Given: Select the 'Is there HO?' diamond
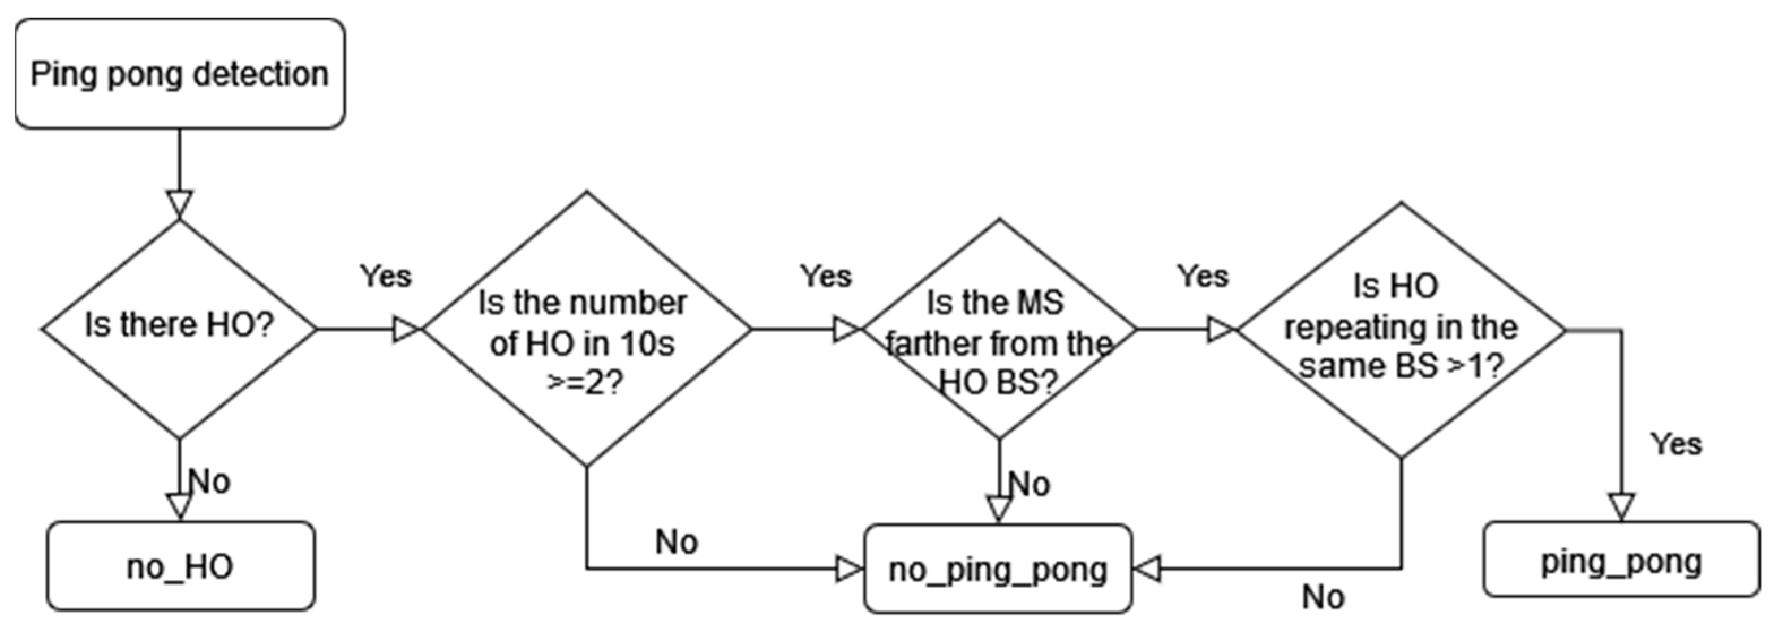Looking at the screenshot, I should [x=179, y=329].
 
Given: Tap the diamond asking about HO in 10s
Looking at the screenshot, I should [x=585, y=329].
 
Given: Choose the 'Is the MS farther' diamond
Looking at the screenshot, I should [x=998, y=329].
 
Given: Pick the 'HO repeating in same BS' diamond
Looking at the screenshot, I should [x=1401, y=329].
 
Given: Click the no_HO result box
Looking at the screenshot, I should [x=180, y=566].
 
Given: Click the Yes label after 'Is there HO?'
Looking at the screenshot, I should [x=385, y=276].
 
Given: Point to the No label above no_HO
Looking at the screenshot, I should [x=209, y=481].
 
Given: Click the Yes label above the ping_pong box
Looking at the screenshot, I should [x=1676, y=444].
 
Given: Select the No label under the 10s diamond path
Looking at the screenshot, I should [x=677, y=542].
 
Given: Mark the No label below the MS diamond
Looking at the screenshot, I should [x=1030, y=484].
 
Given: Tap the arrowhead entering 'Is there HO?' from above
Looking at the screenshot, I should [x=179, y=204].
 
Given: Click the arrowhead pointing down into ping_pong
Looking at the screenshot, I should [x=1621, y=506].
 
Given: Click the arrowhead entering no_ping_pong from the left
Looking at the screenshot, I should [x=850, y=570].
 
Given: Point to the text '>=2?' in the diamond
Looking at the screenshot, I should [x=585, y=382].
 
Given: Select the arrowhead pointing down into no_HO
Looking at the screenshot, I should [x=179, y=506].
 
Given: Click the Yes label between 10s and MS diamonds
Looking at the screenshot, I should [x=826, y=276].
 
